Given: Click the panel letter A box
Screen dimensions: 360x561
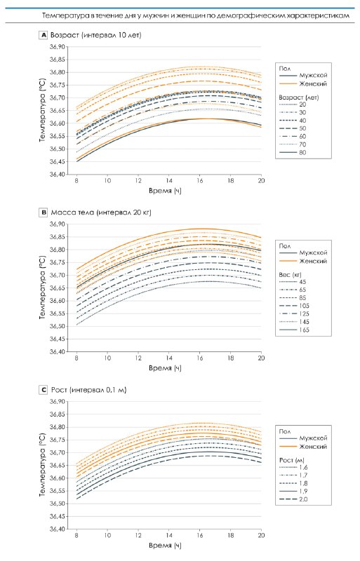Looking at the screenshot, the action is pos(43,35).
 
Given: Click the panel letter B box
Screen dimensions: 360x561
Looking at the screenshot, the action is pos(43,212).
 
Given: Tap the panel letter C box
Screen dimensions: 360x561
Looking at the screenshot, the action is pos(43,390).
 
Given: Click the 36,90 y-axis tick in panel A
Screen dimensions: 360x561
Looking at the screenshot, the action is pos(58,47).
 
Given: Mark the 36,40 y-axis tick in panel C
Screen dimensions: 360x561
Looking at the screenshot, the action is pos(58,529).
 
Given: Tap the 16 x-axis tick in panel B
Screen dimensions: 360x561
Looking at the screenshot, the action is pos(200,358).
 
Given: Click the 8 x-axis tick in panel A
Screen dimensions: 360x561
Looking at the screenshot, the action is pos(76,181).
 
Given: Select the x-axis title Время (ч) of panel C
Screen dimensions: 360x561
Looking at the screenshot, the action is pos(165,546).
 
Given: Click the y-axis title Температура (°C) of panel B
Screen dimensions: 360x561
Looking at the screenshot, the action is pos(43,288).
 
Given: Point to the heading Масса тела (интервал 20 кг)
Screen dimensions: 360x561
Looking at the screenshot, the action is pos(101,212).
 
